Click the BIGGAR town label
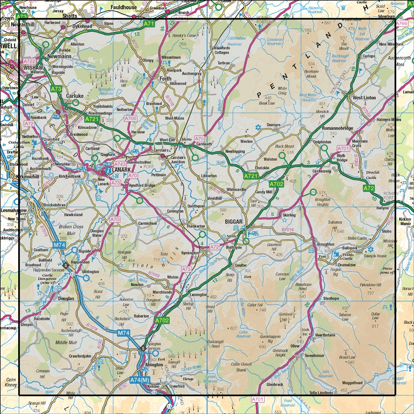point(230,221)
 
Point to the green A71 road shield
point(149,24)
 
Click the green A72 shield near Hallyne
point(369,188)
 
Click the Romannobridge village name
point(337,129)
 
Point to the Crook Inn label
point(305,332)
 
